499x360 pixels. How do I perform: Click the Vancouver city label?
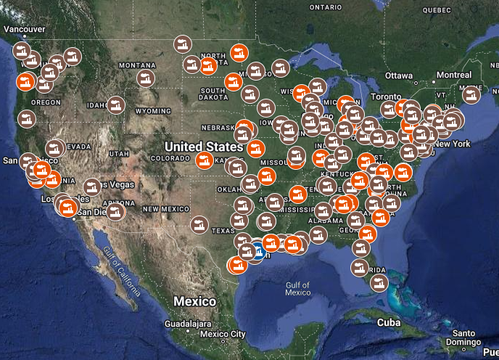point(25,28)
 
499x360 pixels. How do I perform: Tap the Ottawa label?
point(398,75)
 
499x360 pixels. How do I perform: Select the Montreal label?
point(454,75)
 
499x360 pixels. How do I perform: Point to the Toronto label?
point(385,97)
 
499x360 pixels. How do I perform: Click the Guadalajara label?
point(188,324)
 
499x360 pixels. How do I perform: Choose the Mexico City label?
point(223,334)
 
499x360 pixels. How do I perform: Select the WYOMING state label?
point(152,111)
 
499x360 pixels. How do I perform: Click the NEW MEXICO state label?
point(165,208)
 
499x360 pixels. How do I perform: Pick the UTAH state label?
point(119,154)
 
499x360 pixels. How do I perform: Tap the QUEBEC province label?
point(437,10)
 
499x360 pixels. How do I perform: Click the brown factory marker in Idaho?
point(115,105)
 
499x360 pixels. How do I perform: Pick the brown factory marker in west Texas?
point(197,224)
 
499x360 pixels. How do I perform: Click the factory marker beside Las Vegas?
point(91,187)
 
